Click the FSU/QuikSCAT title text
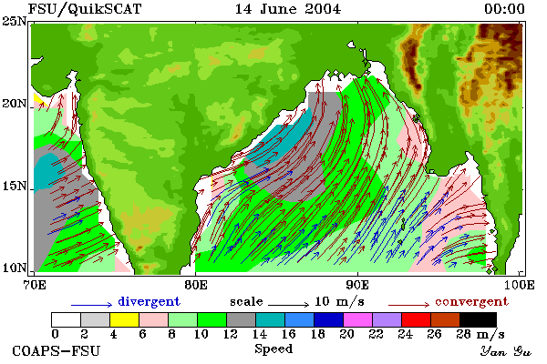pyautogui.click(x=85, y=9)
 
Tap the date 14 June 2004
pyautogui.click(x=288, y=9)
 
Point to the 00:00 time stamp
pyautogui.click(x=504, y=9)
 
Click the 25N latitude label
pyautogui.click(x=15, y=22)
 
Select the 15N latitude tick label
pyautogui.click(x=15, y=187)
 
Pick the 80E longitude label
pyautogui.click(x=195, y=285)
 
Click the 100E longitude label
pyautogui.click(x=520, y=285)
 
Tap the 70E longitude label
pyautogui.click(x=34, y=285)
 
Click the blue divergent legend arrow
pyautogui.click(x=92, y=305)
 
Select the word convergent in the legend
pyautogui.click(x=471, y=301)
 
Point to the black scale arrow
pyautogui.click(x=288, y=305)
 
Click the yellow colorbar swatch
pyautogui.click(x=125, y=319)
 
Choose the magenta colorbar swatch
pyautogui.click(x=357, y=319)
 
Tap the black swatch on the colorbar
pyautogui.click(x=478, y=319)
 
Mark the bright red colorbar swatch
pyautogui.click(x=416, y=319)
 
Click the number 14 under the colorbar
pyautogui.click(x=259, y=334)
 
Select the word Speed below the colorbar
pyautogui.click(x=273, y=349)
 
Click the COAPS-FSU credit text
pyautogui.click(x=57, y=350)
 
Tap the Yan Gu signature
pyautogui.click(x=506, y=351)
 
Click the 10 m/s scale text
pyautogui.click(x=339, y=301)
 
